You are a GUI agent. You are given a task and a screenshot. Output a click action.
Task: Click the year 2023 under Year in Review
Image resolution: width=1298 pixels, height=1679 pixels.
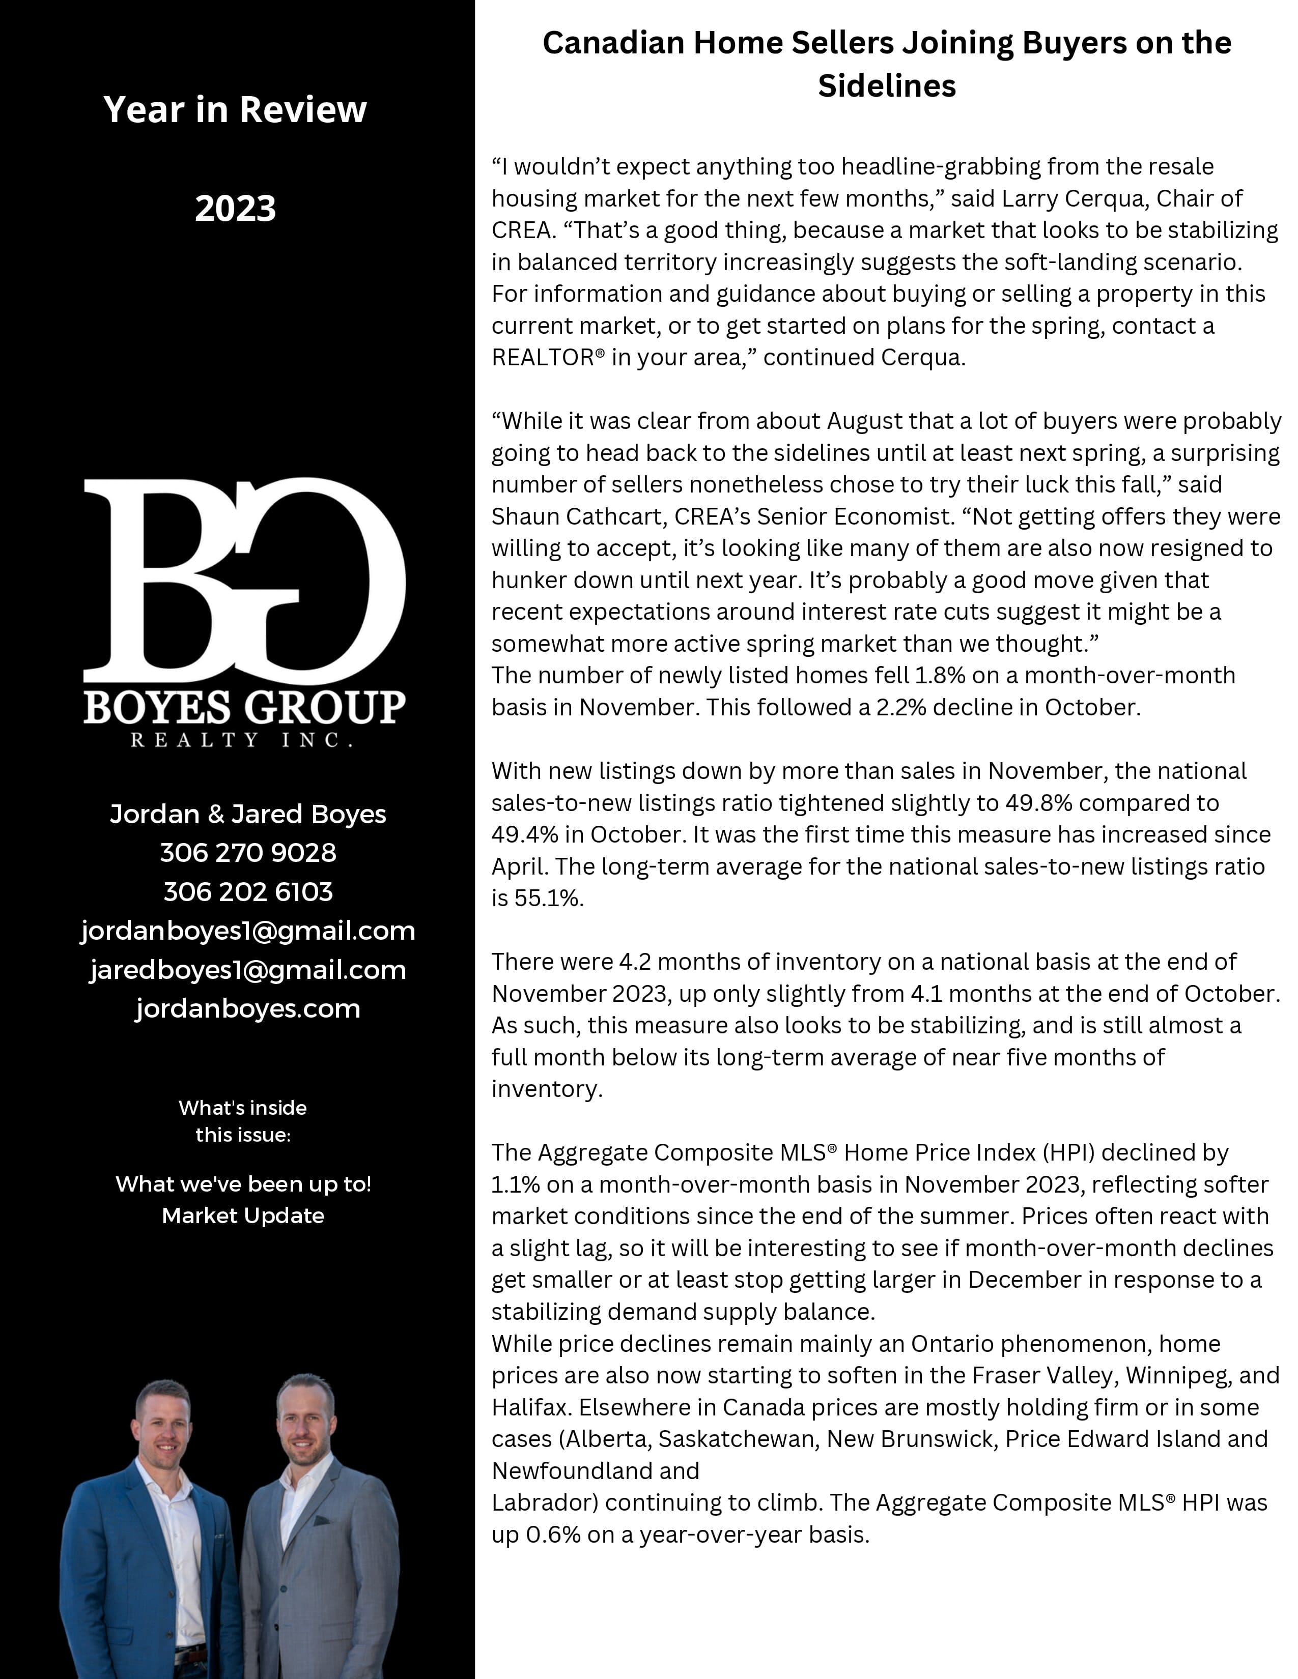[235, 208]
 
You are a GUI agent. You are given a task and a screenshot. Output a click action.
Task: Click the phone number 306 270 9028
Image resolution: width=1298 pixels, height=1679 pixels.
[247, 853]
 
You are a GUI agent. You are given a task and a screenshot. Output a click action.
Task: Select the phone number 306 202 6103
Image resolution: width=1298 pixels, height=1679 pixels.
[247, 892]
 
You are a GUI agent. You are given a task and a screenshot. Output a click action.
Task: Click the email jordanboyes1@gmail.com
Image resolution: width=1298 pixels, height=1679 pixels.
[247, 931]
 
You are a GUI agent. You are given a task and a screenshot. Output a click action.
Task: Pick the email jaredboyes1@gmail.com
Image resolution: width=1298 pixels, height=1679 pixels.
[247, 970]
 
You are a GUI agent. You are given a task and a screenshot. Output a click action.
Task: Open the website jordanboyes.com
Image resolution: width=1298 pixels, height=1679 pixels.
[247, 1008]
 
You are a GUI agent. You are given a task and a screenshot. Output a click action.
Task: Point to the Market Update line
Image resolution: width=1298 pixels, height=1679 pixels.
[243, 1215]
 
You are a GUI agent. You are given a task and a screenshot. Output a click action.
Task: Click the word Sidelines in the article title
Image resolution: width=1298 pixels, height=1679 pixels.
[887, 85]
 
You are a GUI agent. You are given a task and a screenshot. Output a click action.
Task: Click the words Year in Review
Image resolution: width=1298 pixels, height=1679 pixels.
[235, 109]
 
